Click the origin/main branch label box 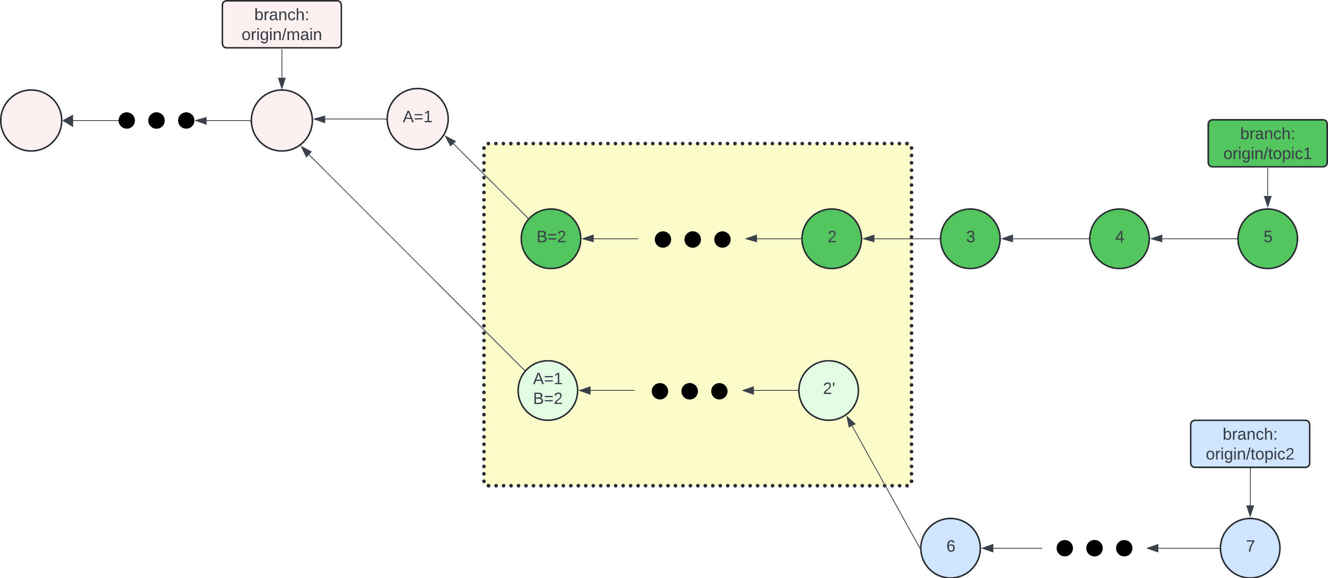click(282, 25)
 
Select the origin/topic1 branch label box click(1267, 143)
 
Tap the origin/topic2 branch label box click(1249, 444)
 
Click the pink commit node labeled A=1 click(418, 119)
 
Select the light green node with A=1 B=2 click(548, 390)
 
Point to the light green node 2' click(828, 390)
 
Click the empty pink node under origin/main click(282, 121)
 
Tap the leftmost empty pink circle click(31, 121)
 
